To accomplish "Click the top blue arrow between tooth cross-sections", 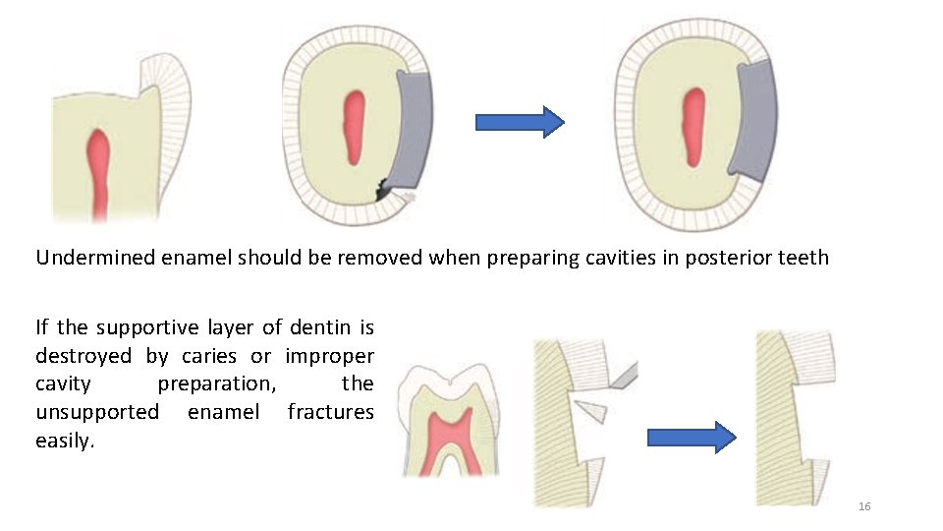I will [520, 122].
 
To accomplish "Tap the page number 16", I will [864, 506].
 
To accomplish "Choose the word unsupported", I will [97, 411].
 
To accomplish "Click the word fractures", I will [330, 411].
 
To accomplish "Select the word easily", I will [65, 440].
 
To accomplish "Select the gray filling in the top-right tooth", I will [755, 118].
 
